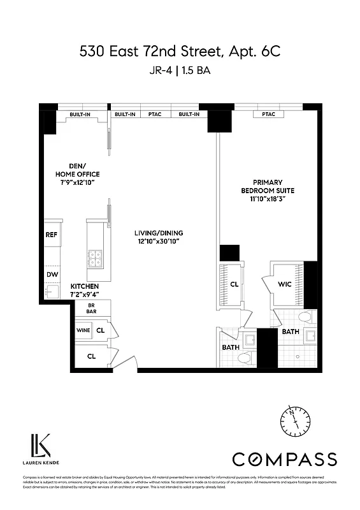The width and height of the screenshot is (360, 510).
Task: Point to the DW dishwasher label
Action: point(52,275)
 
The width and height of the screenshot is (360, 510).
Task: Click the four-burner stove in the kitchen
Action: point(96,258)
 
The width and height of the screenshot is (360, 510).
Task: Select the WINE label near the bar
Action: point(83,330)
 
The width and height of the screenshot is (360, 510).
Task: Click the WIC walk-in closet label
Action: point(284,284)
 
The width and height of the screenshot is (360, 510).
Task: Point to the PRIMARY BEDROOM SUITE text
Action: point(267,186)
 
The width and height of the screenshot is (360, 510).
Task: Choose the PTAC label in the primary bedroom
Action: point(268,114)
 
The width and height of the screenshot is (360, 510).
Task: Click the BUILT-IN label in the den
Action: point(81,114)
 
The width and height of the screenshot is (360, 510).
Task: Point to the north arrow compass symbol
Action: point(292,419)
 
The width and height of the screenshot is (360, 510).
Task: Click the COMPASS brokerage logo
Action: point(284,459)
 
